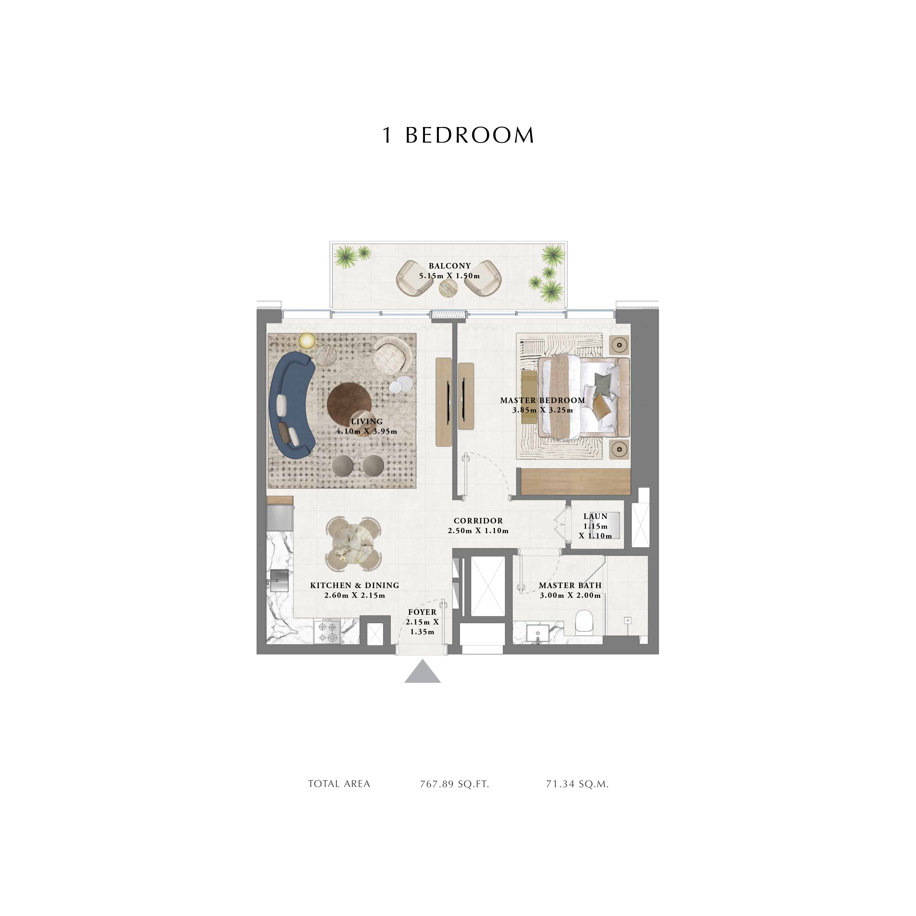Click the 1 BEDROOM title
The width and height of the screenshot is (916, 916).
(x=458, y=135)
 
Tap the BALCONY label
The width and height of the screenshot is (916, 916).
(x=449, y=266)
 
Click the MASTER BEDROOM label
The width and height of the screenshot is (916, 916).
(x=542, y=400)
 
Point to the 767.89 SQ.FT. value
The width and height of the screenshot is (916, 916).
(x=454, y=784)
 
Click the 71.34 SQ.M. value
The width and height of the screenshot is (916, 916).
(x=577, y=784)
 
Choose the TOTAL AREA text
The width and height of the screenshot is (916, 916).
(x=339, y=784)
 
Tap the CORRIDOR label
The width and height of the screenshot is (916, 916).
(x=478, y=521)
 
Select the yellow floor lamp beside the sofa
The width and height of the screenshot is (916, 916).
(x=307, y=340)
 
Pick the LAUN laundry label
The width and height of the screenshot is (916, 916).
(x=595, y=516)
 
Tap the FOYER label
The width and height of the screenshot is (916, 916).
(x=422, y=612)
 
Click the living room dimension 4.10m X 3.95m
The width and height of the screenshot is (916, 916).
(x=366, y=432)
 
